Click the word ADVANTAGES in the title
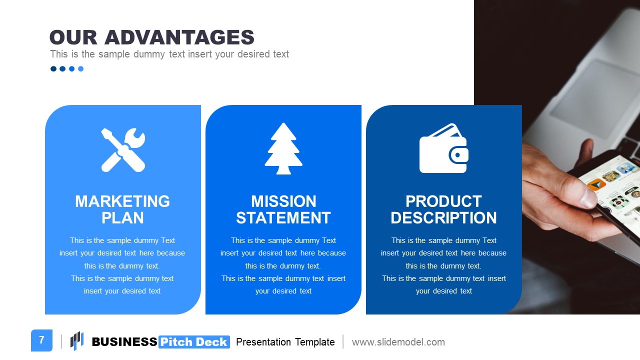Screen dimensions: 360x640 pos(179,38)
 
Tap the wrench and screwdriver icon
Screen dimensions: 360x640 pos(123,150)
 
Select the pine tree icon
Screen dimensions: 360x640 pos(283,148)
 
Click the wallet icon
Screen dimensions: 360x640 pos(443,148)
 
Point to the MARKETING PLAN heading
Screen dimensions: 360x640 pos(122,209)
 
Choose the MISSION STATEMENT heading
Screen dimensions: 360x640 pos(283,209)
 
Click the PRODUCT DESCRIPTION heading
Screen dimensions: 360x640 pos(443,209)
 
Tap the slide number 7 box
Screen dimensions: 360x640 pos(41,340)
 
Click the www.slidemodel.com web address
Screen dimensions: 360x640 pos(398,342)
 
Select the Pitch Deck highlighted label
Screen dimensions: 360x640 pos(194,342)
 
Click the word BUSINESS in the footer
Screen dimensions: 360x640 pos(124,342)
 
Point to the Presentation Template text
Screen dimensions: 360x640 pos(285,342)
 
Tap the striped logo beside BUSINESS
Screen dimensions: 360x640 pos(77,341)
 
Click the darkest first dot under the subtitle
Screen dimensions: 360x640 pos(53,69)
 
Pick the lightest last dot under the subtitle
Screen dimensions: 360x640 pos(81,69)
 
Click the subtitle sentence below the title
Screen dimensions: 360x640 pos(169,54)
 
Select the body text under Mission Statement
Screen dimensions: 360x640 pos(283,265)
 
